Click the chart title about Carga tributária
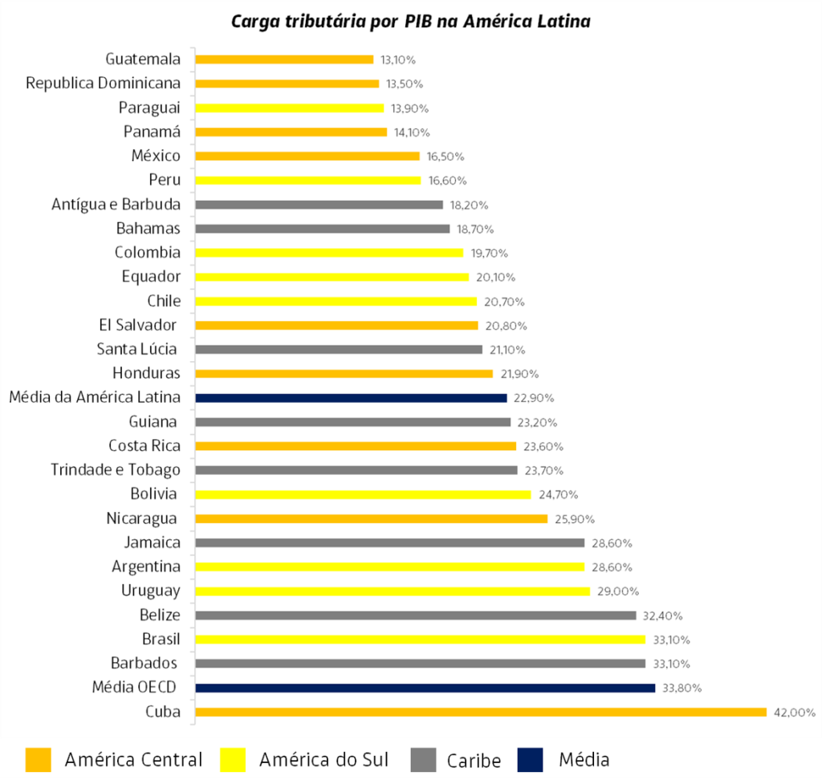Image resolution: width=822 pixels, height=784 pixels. point(410,21)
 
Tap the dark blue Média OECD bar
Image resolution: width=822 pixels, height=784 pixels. point(425,688)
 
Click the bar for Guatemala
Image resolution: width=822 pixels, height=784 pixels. point(284,59)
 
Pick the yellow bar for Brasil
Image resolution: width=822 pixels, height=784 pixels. point(420,640)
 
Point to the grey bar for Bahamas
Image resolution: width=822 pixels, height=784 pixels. point(322,229)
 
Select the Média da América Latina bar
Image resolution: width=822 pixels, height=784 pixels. point(351,398)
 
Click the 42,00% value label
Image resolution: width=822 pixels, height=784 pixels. point(795,712)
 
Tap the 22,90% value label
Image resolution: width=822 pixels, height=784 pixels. point(534,398)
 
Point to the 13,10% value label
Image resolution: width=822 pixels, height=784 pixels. point(399,59)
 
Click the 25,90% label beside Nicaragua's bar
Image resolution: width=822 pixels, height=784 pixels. point(574,519)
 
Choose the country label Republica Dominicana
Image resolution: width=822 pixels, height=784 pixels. point(104,83)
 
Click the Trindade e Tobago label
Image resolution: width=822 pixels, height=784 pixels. point(116,470)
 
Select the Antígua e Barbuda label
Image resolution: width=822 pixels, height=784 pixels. point(116,205)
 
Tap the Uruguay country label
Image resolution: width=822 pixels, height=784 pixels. point(151,591)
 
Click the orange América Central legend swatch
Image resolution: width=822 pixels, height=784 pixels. point(39,759)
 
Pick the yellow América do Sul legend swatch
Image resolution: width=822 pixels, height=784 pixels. point(233,759)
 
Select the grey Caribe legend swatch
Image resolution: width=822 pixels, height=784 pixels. point(423,759)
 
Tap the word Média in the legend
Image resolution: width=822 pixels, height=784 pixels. point(584,759)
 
